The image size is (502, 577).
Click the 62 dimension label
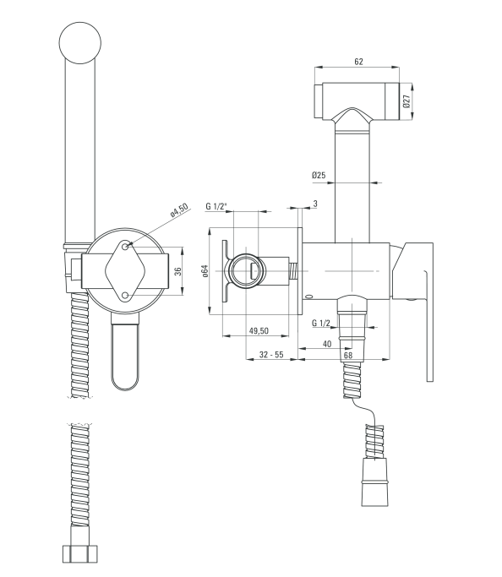[x=358, y=62]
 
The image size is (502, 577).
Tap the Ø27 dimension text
[x=407, y=101]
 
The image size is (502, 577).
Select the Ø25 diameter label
[x=319, y=175]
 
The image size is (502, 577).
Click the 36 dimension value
[x=177, y=271]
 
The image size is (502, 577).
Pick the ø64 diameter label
[x=205, y=271]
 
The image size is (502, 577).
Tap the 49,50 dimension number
[x=259, y=331]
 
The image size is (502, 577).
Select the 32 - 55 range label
[x=271, y=354]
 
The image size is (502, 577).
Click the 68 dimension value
[x=348, y=355]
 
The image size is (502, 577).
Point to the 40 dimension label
[x=327, y=344]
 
